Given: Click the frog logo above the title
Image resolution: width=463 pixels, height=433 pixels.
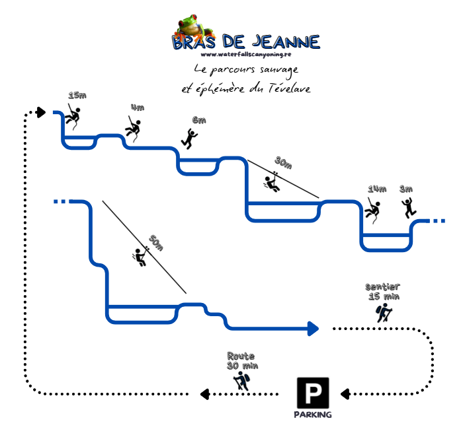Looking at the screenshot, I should (x=194, y=26).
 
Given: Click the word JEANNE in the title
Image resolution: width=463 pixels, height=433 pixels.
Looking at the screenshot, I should (x=285, y=42).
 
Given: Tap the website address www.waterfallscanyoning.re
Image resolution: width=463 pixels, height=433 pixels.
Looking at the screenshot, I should (x=246, y=55).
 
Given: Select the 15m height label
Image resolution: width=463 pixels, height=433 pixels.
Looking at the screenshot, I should (x=77, y=96).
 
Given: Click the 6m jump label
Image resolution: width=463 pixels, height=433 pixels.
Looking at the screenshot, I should (x=199, y=120).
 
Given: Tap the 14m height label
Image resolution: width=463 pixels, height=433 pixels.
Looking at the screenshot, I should (x=377, y=189).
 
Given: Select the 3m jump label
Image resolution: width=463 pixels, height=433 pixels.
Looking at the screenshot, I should (x=407, y=189).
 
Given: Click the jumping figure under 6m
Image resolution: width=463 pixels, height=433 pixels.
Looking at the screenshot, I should (x=190, y=138).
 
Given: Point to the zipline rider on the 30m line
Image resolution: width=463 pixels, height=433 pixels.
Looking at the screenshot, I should (x=272, y=182).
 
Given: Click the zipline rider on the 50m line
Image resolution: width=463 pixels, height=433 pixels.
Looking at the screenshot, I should (x=140, y=256).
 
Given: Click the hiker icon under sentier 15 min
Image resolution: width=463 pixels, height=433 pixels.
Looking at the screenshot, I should (x=383, y=313).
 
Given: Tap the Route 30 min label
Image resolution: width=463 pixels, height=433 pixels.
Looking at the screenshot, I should (x=242, y=360).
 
